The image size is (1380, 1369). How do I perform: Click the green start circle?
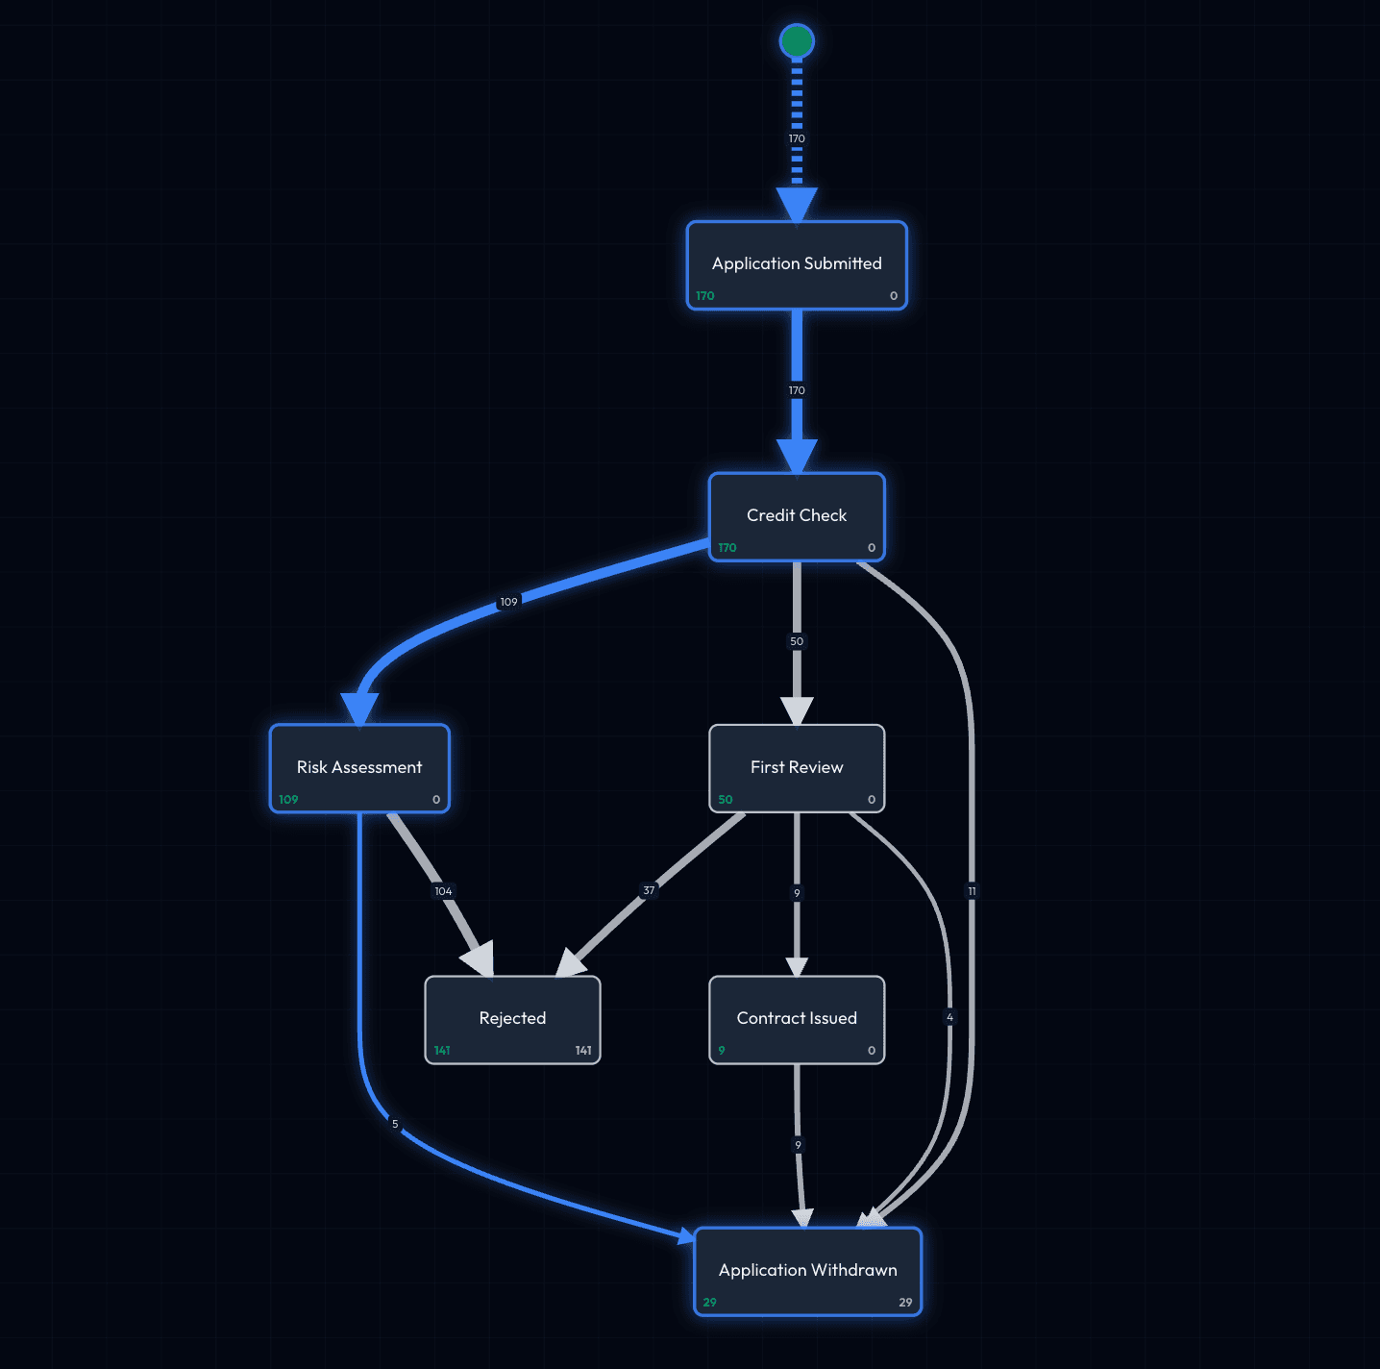797,41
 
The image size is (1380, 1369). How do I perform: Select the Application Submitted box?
797,265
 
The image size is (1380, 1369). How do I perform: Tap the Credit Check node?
797,516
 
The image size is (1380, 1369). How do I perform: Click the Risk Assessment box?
359,768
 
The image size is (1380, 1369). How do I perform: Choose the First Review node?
797,768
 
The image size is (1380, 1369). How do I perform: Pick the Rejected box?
512,1019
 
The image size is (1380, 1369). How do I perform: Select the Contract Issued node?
797,1019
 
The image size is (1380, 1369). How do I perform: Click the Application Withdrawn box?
807,1271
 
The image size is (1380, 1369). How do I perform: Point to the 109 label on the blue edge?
508,602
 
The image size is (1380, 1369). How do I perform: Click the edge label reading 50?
797,641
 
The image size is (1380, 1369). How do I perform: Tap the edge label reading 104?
443,891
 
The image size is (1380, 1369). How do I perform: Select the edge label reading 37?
649,890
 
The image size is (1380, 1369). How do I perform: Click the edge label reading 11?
972,891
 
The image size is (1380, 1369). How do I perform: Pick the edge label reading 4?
949,1017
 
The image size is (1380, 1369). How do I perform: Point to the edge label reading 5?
395,1124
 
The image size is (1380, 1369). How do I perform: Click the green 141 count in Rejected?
442,1051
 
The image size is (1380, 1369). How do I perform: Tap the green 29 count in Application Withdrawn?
709,1303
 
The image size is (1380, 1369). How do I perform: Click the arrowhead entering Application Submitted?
797,205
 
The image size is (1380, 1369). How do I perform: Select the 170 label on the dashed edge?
797,138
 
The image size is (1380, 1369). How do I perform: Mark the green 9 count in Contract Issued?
722,1051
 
